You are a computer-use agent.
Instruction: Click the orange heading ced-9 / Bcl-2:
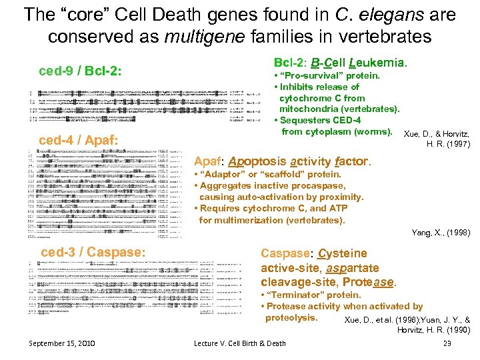tap(81, 70)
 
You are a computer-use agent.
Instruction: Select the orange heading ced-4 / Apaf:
tap(79, 140)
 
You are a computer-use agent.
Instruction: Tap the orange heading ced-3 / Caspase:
tap(93, 253)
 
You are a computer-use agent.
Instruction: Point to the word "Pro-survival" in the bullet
tap(307, 75)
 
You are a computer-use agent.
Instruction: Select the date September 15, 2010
tap(62, 343)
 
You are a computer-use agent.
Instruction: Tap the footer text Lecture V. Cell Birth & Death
tap(239, 343)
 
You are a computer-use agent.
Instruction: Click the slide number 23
tap(447, 343)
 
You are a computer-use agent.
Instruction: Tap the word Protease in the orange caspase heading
tap(369, 282)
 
